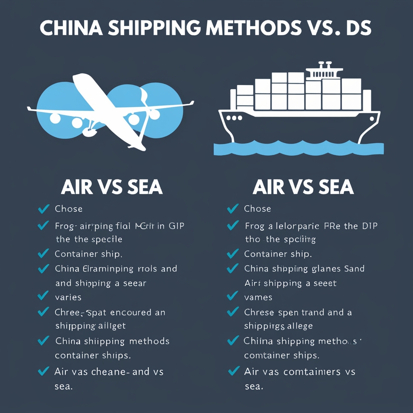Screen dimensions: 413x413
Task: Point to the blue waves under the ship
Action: click(x=298, y=148)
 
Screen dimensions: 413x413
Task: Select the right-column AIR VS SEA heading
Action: click(x=303, y=187)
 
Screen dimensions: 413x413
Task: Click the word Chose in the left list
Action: click(x=69, y=209)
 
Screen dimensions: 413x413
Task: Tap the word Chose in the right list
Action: click(x=257, y=209)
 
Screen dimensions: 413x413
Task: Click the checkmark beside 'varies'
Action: click(x=42, y=296)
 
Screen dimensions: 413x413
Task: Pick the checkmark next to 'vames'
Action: click(x=232, y=296)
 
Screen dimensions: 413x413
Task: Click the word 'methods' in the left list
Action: click(x=149, y=341)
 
